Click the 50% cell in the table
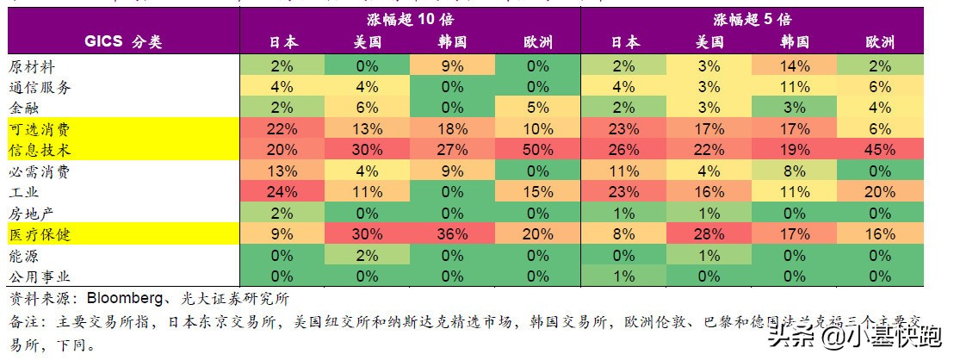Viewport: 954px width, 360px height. [538, 150]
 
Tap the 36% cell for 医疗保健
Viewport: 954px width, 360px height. [453, 234]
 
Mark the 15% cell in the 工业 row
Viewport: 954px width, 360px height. [538, 192]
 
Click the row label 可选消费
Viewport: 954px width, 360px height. [40, 129]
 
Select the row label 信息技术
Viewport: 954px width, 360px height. [40, 150]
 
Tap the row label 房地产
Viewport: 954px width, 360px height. [32, 214]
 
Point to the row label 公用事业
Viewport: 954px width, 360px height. [40, 276]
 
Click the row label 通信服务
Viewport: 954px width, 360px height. [40, 87]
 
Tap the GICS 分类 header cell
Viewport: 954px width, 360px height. [123, 41]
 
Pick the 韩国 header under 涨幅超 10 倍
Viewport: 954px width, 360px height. [453, 41]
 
